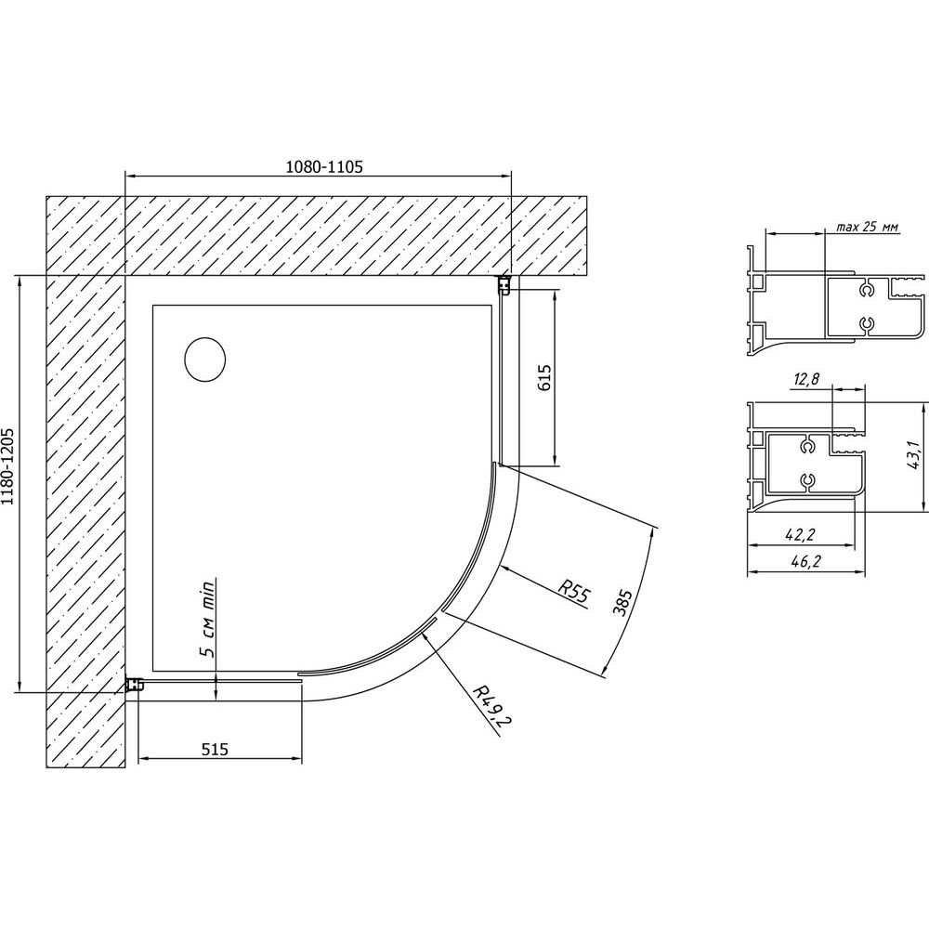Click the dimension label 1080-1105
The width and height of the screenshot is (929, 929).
[x=324, y=166]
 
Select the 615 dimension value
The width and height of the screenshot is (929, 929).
[x=543, y=377]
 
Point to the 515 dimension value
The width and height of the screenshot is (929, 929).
[x=215, y=750]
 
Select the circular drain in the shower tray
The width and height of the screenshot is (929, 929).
[x=205, y=359]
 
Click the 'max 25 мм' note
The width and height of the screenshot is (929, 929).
[x=868, y=227]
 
